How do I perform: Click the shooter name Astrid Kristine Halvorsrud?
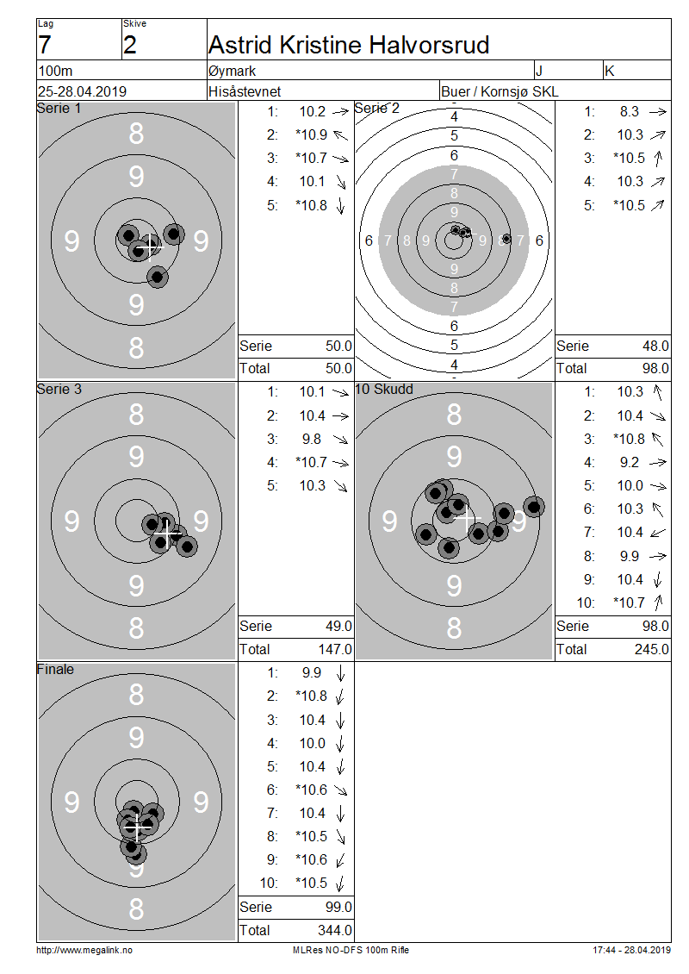(349, 45)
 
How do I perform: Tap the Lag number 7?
(45, 46)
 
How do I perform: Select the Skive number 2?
(130, 46)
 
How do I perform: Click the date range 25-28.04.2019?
(82, 91)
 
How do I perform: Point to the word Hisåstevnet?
(245, 91)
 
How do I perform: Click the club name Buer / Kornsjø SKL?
(500, 91)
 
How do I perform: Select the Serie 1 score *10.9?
(312, 134)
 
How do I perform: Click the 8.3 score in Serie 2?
(630, 111)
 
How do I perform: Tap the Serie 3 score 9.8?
(312, 440)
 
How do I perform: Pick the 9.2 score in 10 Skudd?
(630, 462)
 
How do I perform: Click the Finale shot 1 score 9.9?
(312, 672)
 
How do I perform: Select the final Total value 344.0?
(334, 930)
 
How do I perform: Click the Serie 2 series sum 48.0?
(655, 346)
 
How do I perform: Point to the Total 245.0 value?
(652, 649)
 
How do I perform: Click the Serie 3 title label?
(59, 389)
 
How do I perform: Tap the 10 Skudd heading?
(384, 389)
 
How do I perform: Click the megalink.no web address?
(84, 950)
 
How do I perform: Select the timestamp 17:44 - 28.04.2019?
(632, 950)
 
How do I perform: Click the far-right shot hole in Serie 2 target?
(506, 239)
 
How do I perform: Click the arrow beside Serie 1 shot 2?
(340, 134)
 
